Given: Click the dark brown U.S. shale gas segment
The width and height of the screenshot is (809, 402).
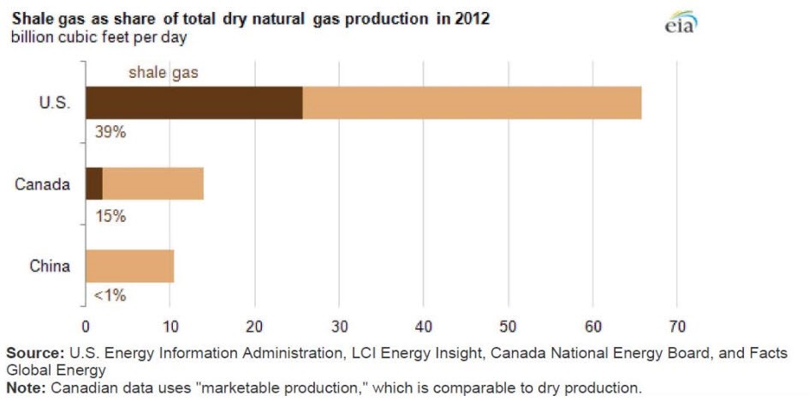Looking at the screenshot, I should [194, 103].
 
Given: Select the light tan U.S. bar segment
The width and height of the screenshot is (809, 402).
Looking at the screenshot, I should [472, 103].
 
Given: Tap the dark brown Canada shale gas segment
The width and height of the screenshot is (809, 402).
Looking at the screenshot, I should [94, 183].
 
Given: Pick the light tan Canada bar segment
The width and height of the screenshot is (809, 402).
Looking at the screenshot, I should [153, 183].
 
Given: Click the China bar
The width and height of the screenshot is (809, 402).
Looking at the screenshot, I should [129, 266].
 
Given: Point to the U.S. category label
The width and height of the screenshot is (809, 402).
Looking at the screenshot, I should [54, 103].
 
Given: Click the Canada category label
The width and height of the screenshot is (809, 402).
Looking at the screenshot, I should [42, 183].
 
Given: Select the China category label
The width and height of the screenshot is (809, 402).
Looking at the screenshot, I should [50, 266].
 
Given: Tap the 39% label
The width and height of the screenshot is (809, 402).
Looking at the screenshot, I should [110, 134].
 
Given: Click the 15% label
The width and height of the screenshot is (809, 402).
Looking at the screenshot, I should [110, 216].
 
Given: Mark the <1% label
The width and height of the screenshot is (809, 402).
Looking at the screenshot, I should [110, 296].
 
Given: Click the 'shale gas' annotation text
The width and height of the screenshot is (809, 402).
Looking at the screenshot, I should [163, 72].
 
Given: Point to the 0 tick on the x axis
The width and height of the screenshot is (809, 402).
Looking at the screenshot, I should [85, 327].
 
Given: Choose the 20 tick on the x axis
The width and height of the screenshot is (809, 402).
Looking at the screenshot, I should [254, 327].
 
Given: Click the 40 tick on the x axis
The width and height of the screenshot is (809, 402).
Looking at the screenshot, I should [424, 327].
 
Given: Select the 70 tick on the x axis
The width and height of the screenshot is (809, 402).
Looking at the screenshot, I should [677, 327].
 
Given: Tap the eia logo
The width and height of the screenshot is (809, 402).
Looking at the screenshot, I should [681, 25].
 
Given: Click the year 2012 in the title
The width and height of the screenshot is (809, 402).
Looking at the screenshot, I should [473, 18].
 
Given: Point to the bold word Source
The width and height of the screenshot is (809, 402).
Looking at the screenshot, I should [34, 353].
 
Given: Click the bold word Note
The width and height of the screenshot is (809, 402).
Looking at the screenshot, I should [27, 387].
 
